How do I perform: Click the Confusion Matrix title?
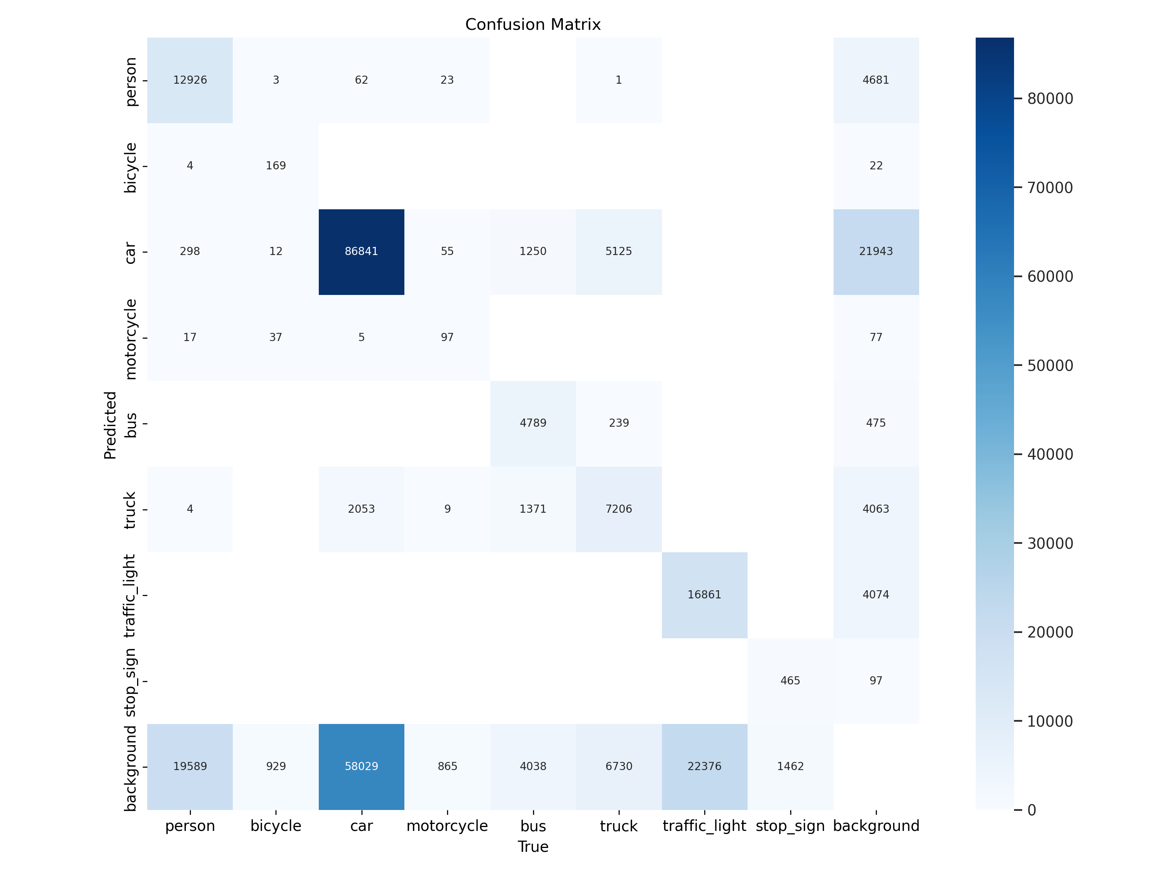[x=533, y=25]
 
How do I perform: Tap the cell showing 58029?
[x=361, y=766]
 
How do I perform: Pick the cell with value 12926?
[x=190, y=80]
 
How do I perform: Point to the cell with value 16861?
[x=705, y=595]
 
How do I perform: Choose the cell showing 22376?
[x=705, y=766]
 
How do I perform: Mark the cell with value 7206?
[x=619, y=509]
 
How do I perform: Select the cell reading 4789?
[x=533, y=423]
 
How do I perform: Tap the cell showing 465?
[x=790, y=681]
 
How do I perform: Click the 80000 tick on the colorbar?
[x=1050, y=99]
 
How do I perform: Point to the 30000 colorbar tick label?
[x=1050, y=543]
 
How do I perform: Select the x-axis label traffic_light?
[x=705, y=826]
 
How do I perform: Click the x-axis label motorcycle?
[x=447, y=826]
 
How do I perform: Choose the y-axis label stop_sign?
[x=130, y=682]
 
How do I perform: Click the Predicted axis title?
[x=110, y=425]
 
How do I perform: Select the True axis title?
[x=533, y=847]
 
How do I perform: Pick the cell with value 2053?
[x=361, y=509]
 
